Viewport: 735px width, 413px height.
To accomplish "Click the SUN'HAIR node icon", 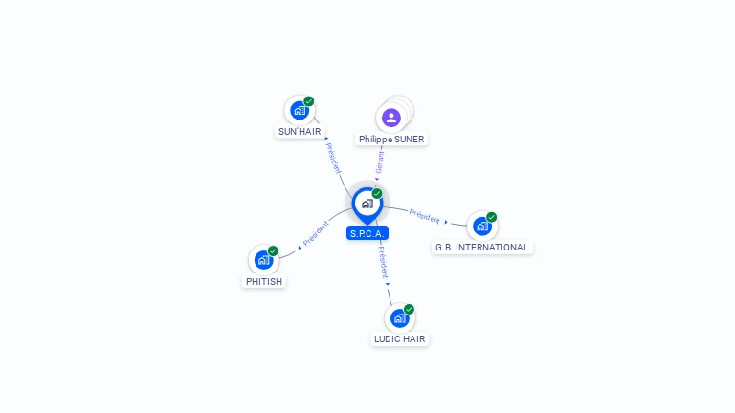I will pos(300,111).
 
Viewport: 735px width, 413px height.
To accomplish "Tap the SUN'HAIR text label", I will pos(300,132).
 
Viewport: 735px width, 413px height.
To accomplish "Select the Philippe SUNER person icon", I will pos(390,118).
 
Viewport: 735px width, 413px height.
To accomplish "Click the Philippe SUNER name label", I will pos(391,140).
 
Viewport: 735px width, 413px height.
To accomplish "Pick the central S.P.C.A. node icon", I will pos(367,203).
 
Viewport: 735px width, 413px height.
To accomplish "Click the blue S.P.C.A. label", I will pos(367,233).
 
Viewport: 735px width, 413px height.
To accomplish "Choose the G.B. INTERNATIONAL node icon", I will pos(481,226).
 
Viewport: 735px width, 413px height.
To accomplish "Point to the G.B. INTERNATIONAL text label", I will pos(481,248).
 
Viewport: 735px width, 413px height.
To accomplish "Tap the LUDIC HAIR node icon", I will pos(399,317).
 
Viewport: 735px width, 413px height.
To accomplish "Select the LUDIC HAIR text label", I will pos(400,339).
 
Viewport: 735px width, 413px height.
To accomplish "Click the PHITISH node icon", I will pos(263,260).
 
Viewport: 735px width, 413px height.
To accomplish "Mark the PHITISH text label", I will pos(264,282).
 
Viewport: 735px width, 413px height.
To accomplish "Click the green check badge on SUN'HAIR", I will pos(309,101).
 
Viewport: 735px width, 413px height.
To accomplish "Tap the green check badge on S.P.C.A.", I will pos(377,193).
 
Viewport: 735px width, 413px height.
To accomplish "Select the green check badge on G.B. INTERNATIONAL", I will pos(492,217).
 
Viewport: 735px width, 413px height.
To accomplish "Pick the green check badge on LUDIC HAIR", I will pos(409,309).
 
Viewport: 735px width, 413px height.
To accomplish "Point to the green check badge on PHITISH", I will pos(273,251).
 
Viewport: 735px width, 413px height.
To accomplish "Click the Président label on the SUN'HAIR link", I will pos(333,157).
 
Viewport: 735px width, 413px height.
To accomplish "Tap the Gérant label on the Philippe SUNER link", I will pos(380,163).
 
